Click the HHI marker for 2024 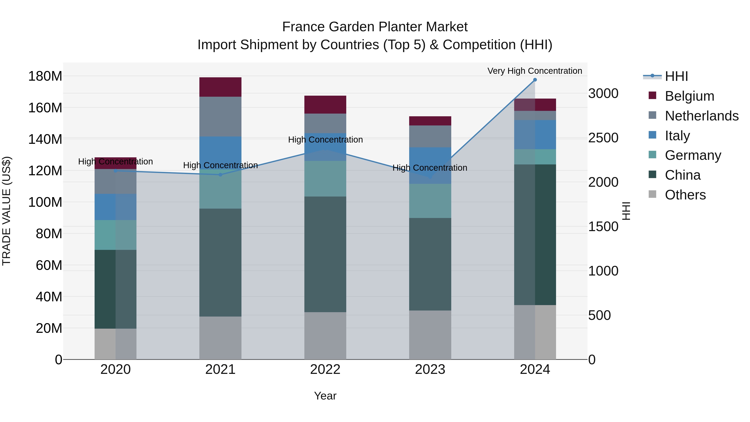pyautogui.click(x=535, y=80)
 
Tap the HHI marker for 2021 pyautogui.click(x=220, y=175)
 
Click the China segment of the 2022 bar pyautogui.click(x=325, y=254)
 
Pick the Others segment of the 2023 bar pyautogui.click(x=430, y=335)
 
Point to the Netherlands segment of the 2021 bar pyautogui.click(x=220, y=116)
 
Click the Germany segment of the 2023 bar pyautogui.click(x=430, y=201)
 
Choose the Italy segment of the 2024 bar pyautogui.click(x=535, y=135)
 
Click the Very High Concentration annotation pyautogui.click(x=535, y=71)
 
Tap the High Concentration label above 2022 pyautogui.click(x=325, y=139)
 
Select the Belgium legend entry pyautogui.click(x=689, y=96)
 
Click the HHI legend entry pyautogui.click(x=676, y=76)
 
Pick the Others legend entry pyautogui.click(x=685, y=195)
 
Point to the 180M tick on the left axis pyautogui.click(x=45, y=76)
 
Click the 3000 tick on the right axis pyautogui.click(x=603, y=94)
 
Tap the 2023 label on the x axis pyautogui.click(x=430, y=369)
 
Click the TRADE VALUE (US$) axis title pyautogui.click(x=7, y=211)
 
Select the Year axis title pyautogui.click(x=325, y=396)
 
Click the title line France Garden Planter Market pyautogui.click(x=375, y=27)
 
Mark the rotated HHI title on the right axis pyautogui.click(x=626, y=211)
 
